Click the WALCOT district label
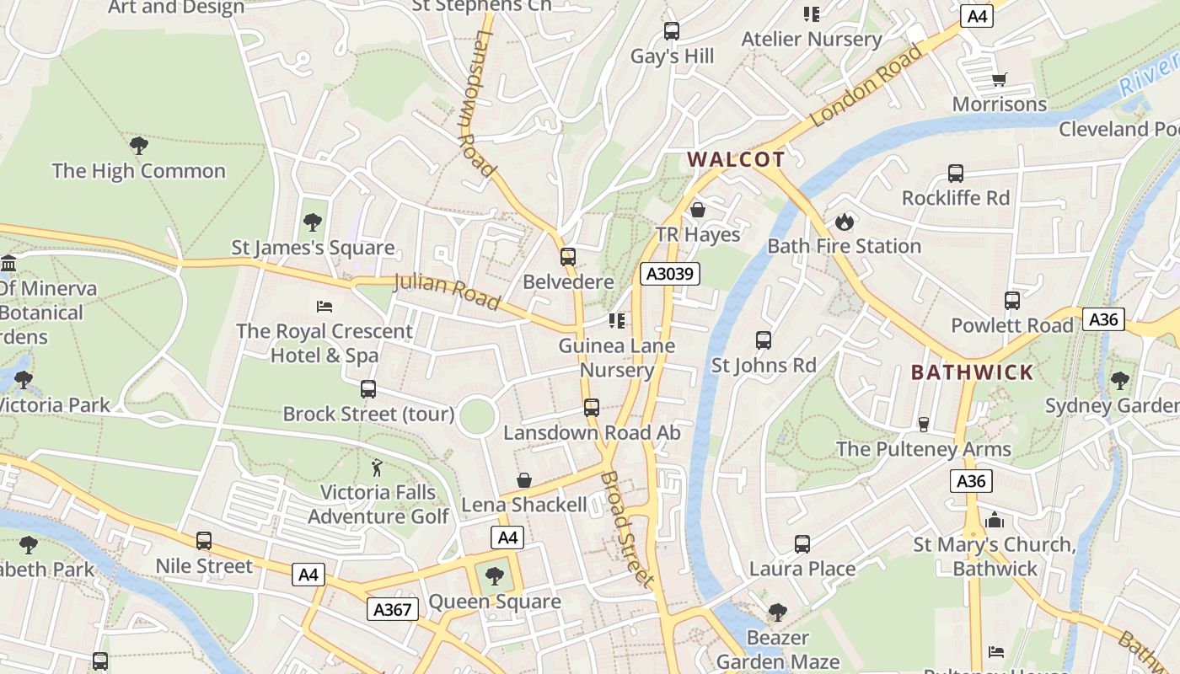(736, 159)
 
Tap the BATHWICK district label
(972, 372)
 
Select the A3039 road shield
(669, 273)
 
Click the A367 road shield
(392, 609)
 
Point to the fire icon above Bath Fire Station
(844, 222)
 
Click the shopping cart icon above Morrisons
(1000, 80)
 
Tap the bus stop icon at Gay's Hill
(672, 31)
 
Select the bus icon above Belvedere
(568, 257)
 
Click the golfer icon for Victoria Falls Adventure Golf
(378, 467)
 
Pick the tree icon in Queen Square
(494, 576)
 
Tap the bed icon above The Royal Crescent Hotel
(324, 306)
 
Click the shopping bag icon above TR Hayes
(698, 210)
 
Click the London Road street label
(868, 85)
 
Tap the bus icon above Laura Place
(802, 544)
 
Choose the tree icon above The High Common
(139, 146)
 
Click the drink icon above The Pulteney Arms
(923, 424)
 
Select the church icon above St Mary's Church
(995, 520)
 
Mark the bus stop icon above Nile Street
(204, 541)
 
